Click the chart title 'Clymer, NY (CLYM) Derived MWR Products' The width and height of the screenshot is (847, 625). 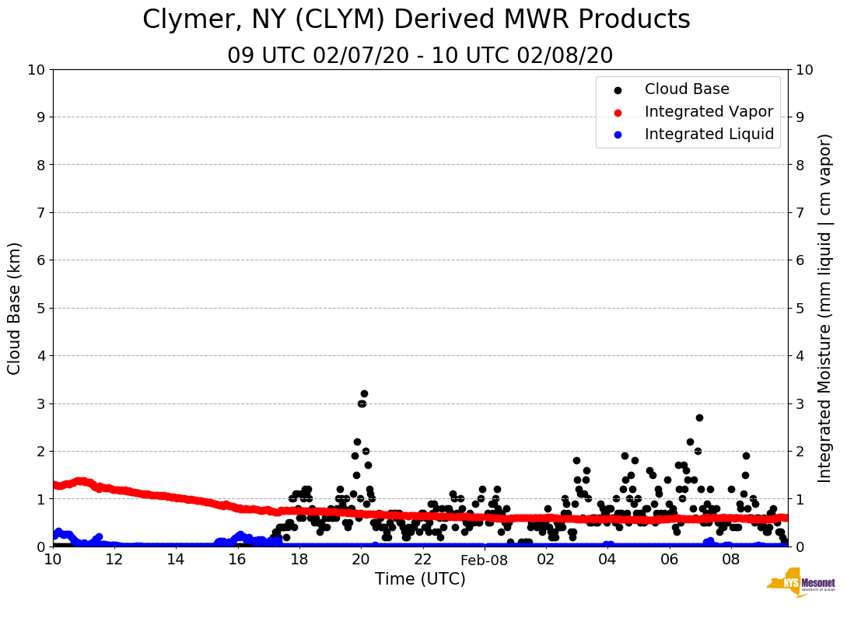(416, 20)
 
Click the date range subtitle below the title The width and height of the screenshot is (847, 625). (420, 56)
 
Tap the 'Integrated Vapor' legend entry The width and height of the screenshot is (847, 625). (709, 112)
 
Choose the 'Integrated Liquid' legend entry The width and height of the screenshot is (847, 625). (709, 134)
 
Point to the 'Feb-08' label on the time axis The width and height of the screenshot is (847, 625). (484, 560)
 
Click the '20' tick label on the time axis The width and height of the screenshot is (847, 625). (361, 560)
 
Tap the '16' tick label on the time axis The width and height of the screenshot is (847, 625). (237, 560)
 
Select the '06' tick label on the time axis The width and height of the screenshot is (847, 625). (669, 560)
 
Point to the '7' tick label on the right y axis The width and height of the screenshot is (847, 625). (799, 212)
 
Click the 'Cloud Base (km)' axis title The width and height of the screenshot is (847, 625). (15, 308)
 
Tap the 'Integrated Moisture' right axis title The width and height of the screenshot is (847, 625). (825, 308)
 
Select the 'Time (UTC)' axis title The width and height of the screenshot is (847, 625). (420, 579)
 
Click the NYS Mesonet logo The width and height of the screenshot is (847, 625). (800, 585)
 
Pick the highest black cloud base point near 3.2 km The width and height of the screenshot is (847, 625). (364, 393)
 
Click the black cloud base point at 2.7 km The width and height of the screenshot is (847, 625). (699, 417)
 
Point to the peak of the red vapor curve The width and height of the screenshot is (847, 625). (80, 481)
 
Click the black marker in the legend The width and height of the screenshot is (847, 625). (618, 90)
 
